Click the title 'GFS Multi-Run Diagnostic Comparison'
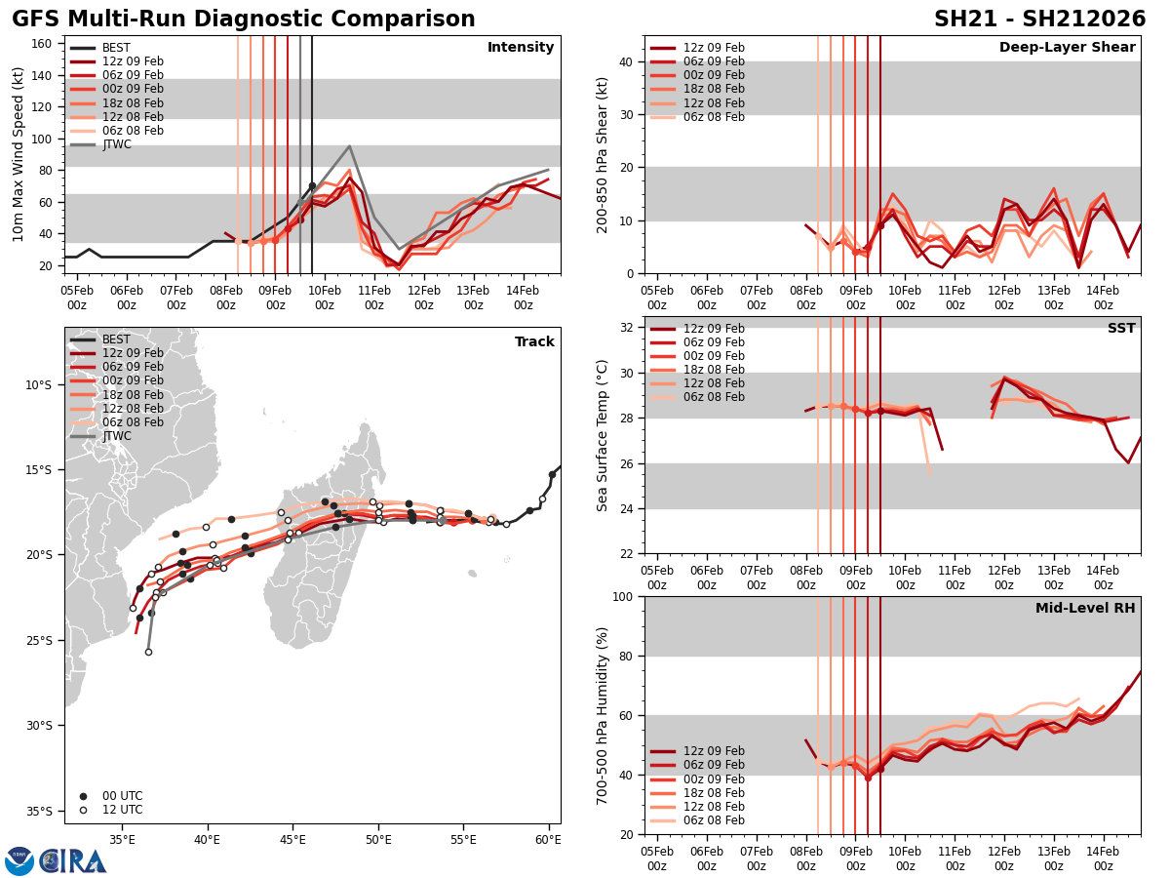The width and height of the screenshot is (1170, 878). click(x=243, y=20)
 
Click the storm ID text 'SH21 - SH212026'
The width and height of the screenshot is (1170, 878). click(x=1039, y=20)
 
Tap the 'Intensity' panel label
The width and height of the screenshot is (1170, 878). click(x=521, y=48)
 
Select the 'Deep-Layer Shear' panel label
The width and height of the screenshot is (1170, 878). click(x=1067, y=48)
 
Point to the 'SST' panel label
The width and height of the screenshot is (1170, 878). click(x=1121, y=329)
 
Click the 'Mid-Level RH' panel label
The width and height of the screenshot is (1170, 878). click(x=1085, y=609)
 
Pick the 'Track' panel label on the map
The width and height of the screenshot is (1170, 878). click(x=534, y=342)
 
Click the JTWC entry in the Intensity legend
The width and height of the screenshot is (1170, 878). click(x=116, y=144)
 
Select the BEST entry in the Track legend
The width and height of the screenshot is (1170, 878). click(x=116, y=339)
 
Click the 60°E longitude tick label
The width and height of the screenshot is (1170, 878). click(x=548, y=838)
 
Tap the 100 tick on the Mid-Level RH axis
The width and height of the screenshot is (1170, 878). click(x=620, y=596)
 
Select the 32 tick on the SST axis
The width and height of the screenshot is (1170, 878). click(x=624, y=328)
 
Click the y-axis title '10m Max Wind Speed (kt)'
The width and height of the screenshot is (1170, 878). click(x=19, y=154)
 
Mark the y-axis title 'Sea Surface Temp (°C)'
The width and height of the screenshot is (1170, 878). click(x=603, y=435)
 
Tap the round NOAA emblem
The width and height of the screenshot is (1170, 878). click(x=19, y=861)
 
